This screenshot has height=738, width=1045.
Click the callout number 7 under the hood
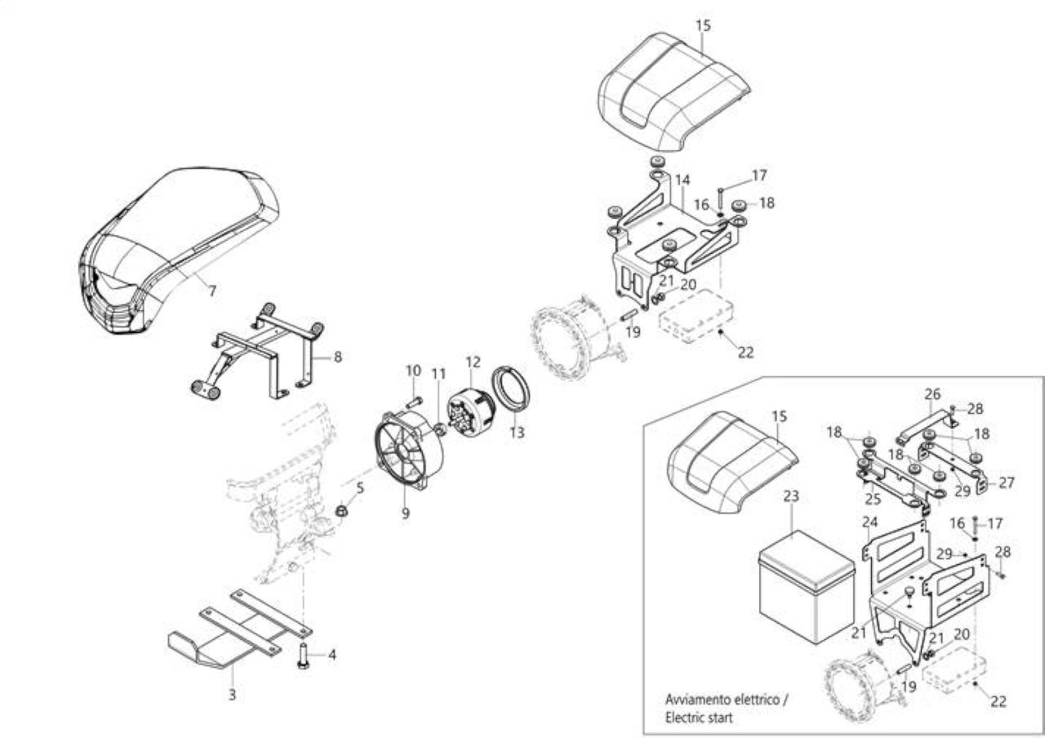(212, 291)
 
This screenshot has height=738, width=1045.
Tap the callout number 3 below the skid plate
(233, 695)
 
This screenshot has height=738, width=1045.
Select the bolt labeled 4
(302, 656)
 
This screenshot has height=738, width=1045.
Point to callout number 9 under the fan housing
(406, 513)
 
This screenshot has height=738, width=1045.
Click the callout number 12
(473, 362)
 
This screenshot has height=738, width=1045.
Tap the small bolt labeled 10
(414, 401)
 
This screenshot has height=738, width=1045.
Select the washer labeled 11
(439, 429)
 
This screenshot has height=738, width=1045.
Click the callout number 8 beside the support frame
(338, 358)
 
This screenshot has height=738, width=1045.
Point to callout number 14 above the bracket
(683, 180)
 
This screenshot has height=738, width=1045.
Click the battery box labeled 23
(806, 586)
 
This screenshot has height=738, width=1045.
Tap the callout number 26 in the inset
(932, 394)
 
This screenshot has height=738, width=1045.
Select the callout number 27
(1007, 482)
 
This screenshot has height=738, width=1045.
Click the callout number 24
(870, 522)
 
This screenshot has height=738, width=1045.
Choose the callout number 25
(873, 499)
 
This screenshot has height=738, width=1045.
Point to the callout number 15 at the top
(703, 25)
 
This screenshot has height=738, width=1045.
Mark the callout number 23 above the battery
(792, 496)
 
